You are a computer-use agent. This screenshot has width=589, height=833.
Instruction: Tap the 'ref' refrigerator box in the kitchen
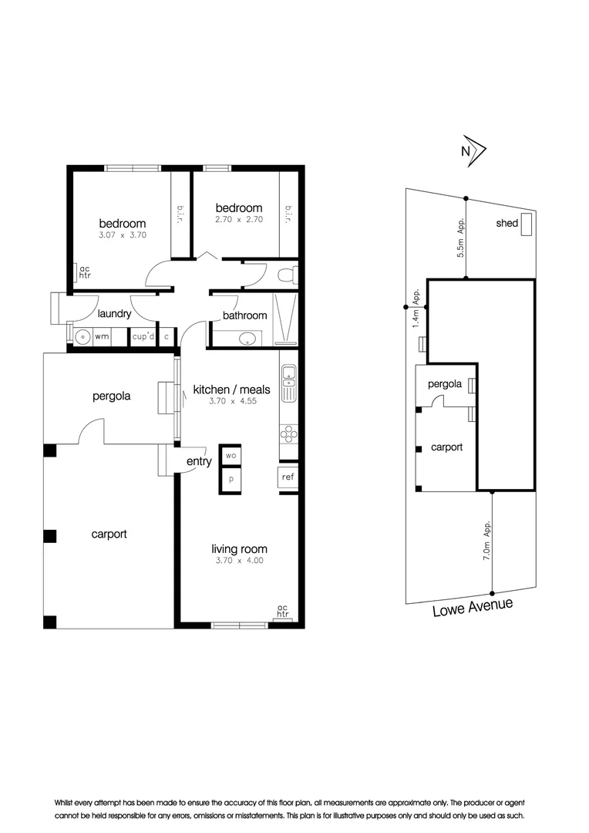[288, 477]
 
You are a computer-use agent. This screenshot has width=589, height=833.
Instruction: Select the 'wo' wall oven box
[230, 456]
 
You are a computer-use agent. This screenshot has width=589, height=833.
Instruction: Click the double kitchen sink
[288, 382]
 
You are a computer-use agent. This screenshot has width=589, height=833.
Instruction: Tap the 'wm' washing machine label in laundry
[102, 337]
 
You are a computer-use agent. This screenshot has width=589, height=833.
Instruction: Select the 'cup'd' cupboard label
[143, 337]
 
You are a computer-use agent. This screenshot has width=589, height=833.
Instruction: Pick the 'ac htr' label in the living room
[283, 611]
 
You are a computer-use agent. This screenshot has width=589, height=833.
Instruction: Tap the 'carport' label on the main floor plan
[109, 534]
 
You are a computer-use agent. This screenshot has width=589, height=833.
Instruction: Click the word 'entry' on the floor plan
[199, 461]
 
